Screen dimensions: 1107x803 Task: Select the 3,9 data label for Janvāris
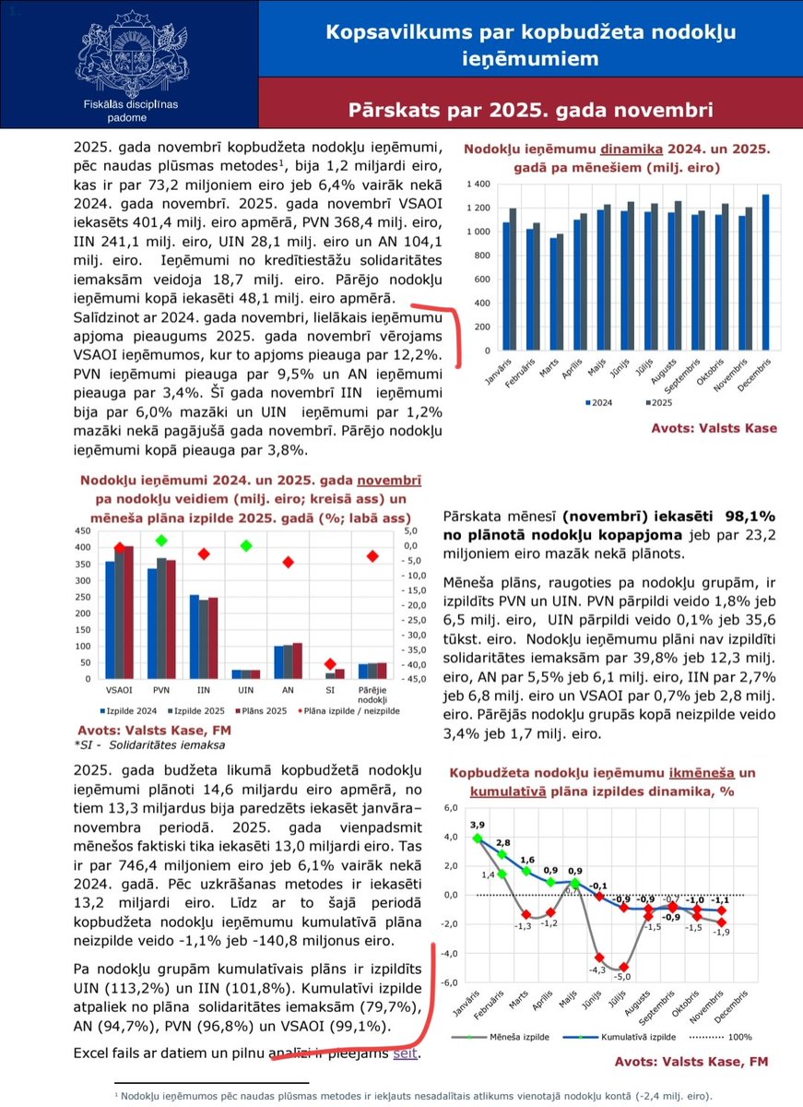coord(477,824)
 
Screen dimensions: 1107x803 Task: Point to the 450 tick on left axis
coord(82,530)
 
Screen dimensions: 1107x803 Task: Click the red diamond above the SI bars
coord(332,664)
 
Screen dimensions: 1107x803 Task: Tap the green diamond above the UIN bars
coord(246,546)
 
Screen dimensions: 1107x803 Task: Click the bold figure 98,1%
coord(750,518)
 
